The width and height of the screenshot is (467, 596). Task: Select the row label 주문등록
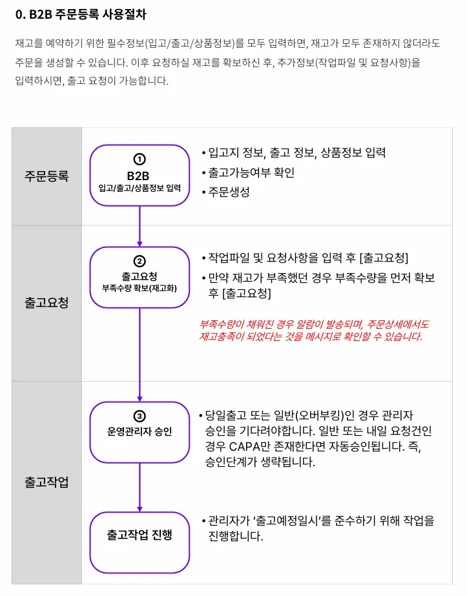(47, 176)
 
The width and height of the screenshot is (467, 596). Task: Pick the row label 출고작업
(47, 482)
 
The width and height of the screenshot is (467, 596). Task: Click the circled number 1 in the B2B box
(140, 159)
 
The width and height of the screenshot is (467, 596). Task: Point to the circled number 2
(140, 262)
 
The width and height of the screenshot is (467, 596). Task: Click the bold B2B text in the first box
(140, 175)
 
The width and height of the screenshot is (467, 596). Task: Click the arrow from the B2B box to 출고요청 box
(140, 226)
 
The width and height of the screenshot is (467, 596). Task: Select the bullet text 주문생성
(229, 192)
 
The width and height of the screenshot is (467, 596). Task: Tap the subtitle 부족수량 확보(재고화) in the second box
(140, 288)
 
